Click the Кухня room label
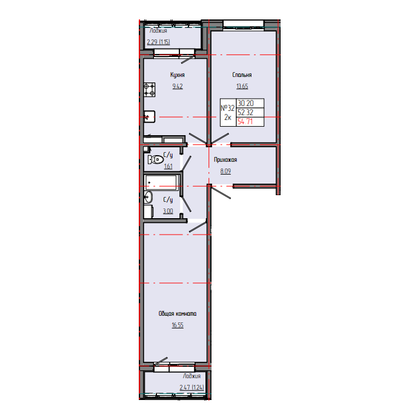(x=178, y=75)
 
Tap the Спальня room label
(x=242, y=75)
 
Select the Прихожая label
(x=225, y=160)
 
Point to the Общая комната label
(x=178, y=314)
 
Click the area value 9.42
(x=178, y=86)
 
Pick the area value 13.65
(x=242, y=86)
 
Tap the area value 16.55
(x=178, y=325)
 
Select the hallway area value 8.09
(x=225, y=171)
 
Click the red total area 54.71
(x=245, y=122)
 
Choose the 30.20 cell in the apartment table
(x=245, y=103)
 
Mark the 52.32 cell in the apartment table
(x=245, y=112)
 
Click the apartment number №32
(x=227, y=108)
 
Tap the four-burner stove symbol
(x=150, y=90)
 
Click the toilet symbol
(x=156, y=159)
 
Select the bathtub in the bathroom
(x=162, y=182)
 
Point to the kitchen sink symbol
(x=150, y=117)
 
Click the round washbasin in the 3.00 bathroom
(x=148, y=198)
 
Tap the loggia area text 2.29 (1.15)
(x=158, y=42)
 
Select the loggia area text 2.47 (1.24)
(x=192, y=387)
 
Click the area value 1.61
(x=168, y=166)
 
